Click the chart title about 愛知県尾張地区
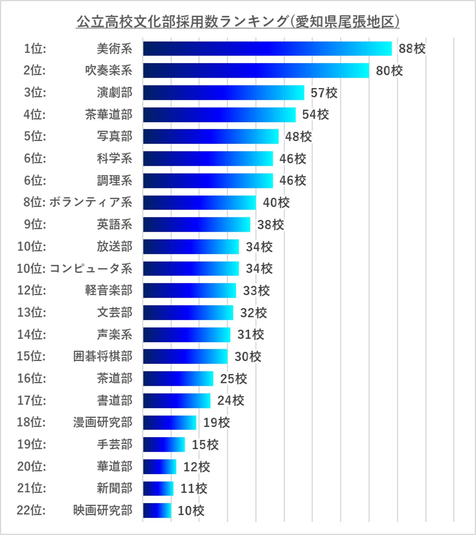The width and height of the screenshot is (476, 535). tap(238, 21)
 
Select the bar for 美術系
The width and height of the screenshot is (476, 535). tap(267, 48)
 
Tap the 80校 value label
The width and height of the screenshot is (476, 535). tap(389, 71)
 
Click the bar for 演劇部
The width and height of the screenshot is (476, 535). tap(223, 93)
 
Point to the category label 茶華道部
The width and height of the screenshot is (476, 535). tap(109, 115)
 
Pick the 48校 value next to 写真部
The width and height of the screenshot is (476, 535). tap(298, 137)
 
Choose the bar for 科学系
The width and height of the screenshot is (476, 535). tap(208, 158)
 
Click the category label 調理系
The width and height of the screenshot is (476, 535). tap(114, 181)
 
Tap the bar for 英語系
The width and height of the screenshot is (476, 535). tap(197, 224)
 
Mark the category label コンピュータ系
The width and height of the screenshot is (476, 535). tap(91, 269)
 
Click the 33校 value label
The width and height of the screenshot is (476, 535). tap(256, 291)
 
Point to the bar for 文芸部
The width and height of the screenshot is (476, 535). tap(188, 313)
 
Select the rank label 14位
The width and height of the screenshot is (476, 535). tap(32, 334)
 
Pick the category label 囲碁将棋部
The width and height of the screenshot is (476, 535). tap(102, 357)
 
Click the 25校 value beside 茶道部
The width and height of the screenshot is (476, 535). tap(233, 379)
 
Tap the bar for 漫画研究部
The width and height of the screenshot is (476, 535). tap(170, 422)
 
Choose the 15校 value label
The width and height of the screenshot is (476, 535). tap(205, 445)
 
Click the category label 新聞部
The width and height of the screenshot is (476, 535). tap(114, 488)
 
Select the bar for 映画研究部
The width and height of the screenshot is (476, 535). tap(157, 510)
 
